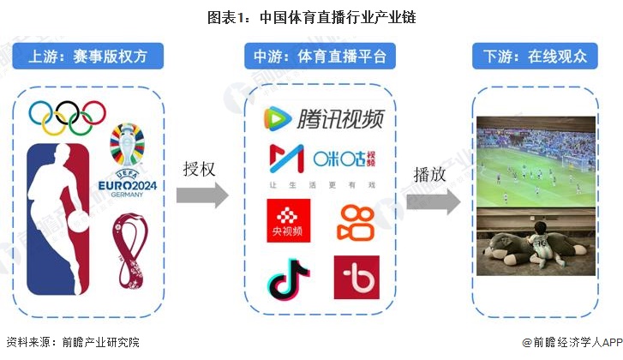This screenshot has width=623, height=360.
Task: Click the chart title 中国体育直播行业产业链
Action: point(311,16)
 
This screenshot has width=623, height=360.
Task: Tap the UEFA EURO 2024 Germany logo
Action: point(127,163)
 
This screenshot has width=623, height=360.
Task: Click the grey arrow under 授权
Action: point(202,195)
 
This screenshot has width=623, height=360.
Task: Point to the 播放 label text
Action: point(430,175)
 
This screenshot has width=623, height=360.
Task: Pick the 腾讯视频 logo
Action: point(322,118)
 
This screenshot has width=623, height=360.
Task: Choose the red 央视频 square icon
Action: point(289,220)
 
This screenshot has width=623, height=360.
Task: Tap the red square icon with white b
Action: point(356,277)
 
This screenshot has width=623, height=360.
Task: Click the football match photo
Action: point(535,160)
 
